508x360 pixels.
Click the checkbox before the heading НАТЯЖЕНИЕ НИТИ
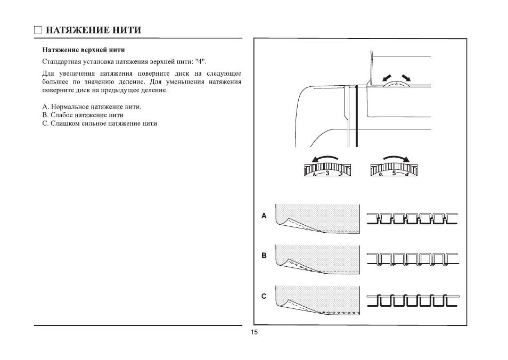pos(38,30)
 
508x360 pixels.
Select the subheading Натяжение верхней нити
pos(83,51)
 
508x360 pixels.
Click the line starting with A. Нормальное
pos(92,107)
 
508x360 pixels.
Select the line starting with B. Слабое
pos(83,115)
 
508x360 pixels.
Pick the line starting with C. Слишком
pos(100,124)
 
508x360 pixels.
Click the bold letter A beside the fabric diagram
pos(263,216)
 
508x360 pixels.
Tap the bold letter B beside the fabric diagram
pos(263,256)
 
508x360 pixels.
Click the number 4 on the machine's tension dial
pos(396,84)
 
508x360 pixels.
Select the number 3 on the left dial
pos(327,173)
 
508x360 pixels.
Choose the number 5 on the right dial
pos(394,173)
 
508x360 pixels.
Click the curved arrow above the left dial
pos(325,158)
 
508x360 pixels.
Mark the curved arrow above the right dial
pos(396,158)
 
